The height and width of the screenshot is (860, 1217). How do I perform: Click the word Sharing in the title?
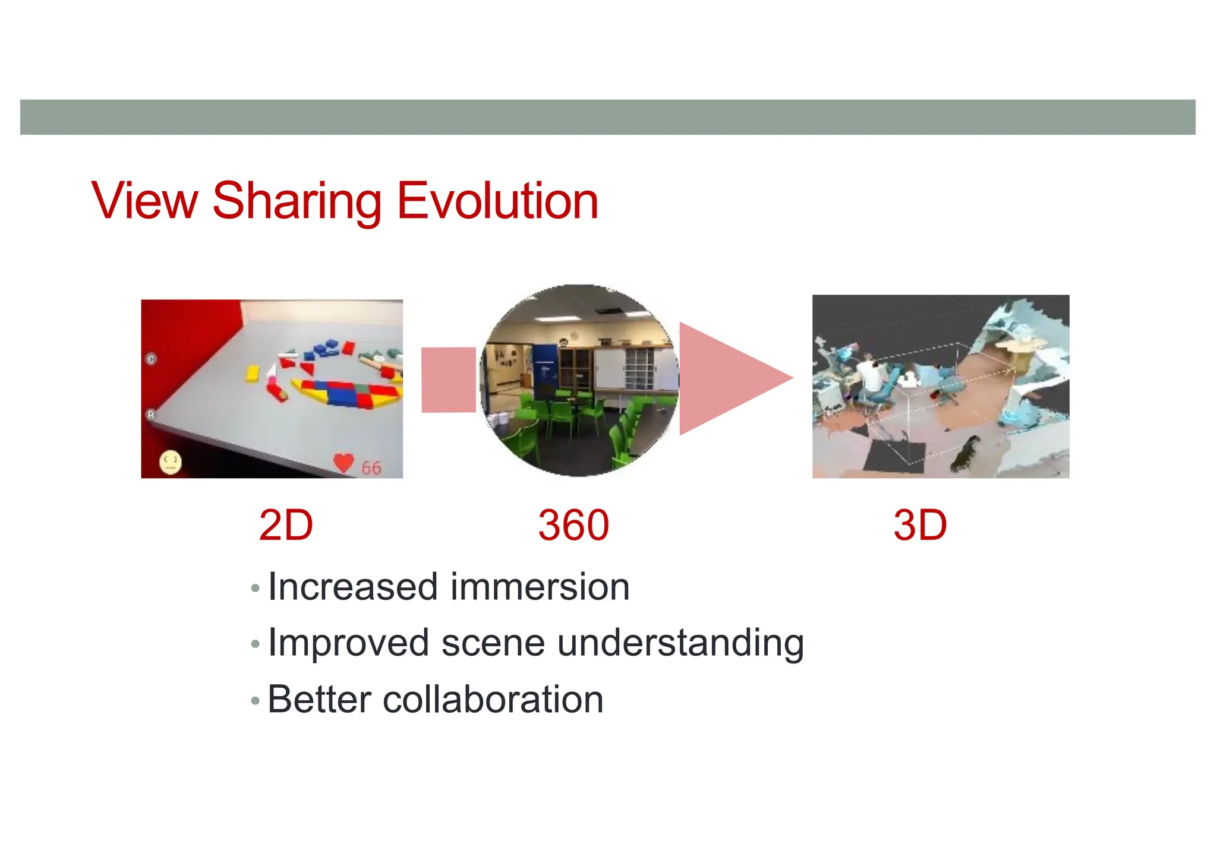pyautogui.click(x=297, y=202)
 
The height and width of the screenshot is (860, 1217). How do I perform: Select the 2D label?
pyautogui.click(x=286, y=526)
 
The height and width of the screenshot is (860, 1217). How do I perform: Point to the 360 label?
pyautogui.click(x=573, y=526)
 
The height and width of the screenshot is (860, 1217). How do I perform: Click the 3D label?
pyautogui.click(x=920, y=526)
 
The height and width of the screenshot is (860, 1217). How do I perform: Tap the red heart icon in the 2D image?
pyautogui.click(x=343, y=463)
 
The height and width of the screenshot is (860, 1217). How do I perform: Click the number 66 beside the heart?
pyautogui.click(x=371, y=468)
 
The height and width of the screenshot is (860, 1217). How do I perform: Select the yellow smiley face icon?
pyautogui.click(x=170, y=462)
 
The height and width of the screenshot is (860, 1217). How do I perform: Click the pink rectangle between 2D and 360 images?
pyautogui.click(x=449, y=380)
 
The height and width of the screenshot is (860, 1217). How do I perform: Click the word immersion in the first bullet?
pyautogui.click(x=540, y=587)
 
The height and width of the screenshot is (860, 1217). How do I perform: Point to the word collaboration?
pyautogui.click(x=493, y=699)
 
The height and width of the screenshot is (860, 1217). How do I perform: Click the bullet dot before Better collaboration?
pyautogui.click(x=256, y=701)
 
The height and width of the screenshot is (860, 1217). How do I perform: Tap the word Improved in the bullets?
pyautogui.click(x=348, y=643)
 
